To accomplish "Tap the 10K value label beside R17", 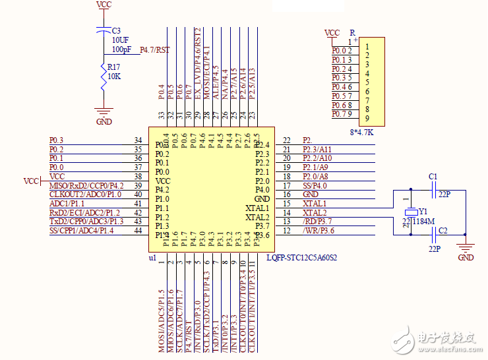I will (x=114, y=76).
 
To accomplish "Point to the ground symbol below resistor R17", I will (x=104, y=113).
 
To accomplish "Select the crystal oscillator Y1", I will (x=408, y=212).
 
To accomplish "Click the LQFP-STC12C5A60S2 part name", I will (x=301, y=258).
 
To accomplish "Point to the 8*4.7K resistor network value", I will (x=361, y=132).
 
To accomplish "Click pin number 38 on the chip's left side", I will (x=138, y=177).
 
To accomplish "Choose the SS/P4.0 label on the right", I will (x=315, y=185).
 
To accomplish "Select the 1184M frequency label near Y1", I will (x=423, y=222).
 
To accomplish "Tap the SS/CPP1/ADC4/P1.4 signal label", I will (x=81, y=230).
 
